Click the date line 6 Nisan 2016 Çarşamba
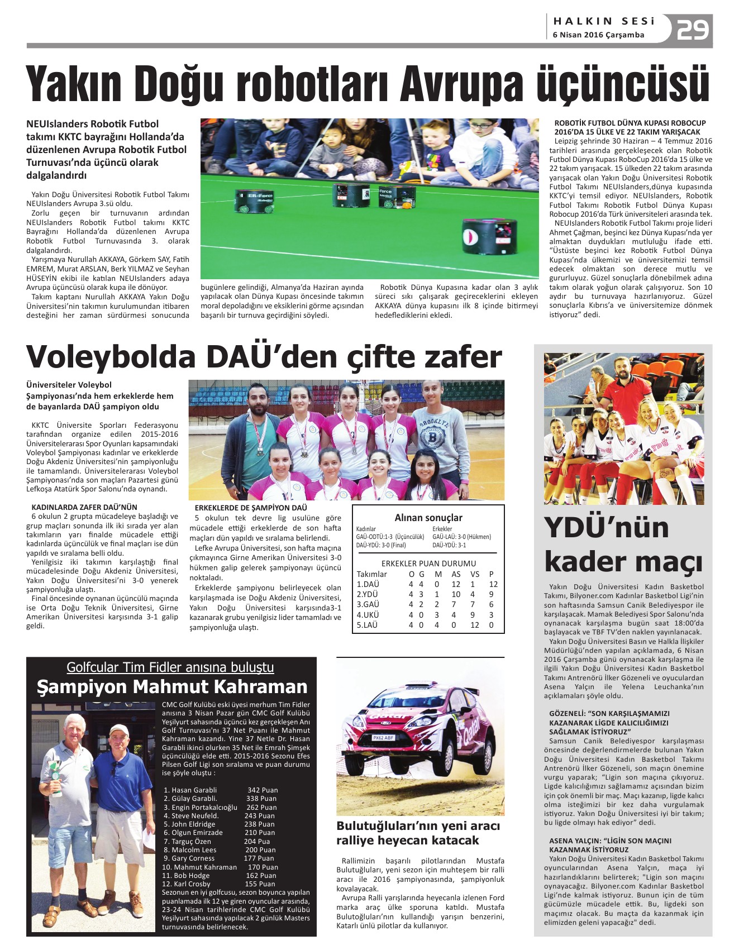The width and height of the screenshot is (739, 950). pos(598,35)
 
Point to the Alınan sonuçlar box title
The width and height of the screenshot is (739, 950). pos(428,518)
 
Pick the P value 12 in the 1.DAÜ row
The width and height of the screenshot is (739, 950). pos(493,584)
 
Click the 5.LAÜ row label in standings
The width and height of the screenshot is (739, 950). pos(367,625)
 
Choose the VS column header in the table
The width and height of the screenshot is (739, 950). pos(475,574)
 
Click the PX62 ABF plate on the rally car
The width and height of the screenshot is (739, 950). pos(383,738)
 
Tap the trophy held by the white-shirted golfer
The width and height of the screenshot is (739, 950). pos(55,773)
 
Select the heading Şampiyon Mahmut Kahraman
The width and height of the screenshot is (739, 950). pos(172,686)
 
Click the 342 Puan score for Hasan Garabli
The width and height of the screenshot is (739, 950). pos(263,790)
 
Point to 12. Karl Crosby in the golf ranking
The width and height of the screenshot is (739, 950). pos(187,884)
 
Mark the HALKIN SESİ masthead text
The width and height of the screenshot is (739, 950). pos(604,21)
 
